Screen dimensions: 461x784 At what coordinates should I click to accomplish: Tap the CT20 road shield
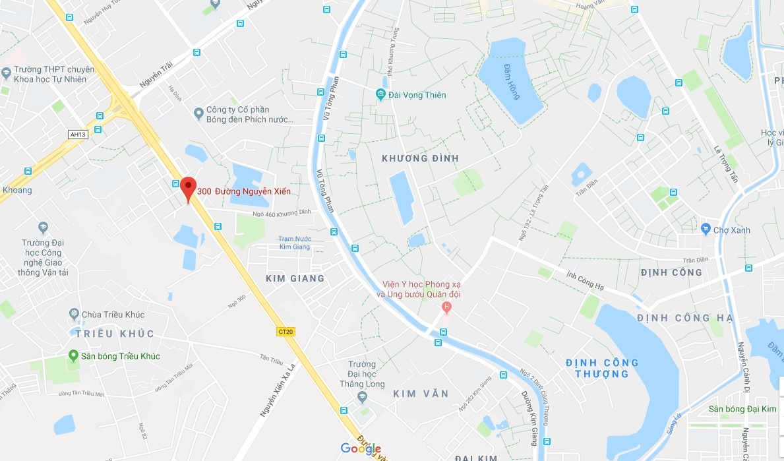tap(286, 332)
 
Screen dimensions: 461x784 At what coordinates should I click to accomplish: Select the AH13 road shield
tap(78, 135)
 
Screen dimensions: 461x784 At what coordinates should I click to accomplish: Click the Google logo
tap(361, 449)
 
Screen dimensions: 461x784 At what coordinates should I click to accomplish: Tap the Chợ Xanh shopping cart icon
tap(706, 230)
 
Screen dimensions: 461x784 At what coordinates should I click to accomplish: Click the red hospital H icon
tap(447, 307)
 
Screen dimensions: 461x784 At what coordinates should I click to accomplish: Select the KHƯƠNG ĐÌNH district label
tap(420, 158)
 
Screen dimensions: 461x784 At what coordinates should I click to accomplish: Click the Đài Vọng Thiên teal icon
tap(380, 95)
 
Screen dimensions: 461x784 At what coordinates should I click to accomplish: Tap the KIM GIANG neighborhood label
tap(295, 278)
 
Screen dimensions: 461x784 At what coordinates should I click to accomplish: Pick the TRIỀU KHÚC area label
tap(115, 334)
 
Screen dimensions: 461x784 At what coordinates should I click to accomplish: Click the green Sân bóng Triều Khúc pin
tap(74, 356)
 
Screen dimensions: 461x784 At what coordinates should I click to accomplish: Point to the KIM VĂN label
tap(421, 394)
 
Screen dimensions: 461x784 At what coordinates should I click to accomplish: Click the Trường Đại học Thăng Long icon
tap(361, 396)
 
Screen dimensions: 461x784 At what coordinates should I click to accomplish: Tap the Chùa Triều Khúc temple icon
tap(75, 315)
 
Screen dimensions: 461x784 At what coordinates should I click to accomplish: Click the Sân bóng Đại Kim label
tap(742, 410)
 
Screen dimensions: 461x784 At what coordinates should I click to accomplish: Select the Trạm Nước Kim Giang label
tap(294, 243)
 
